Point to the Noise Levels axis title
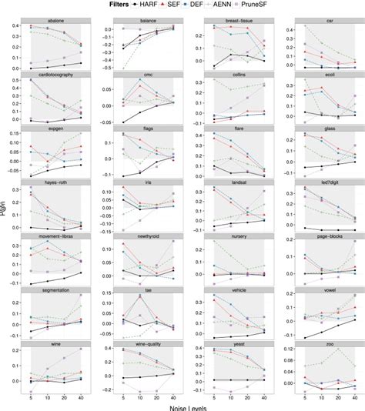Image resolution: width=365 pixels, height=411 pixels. tap(193, 406)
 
